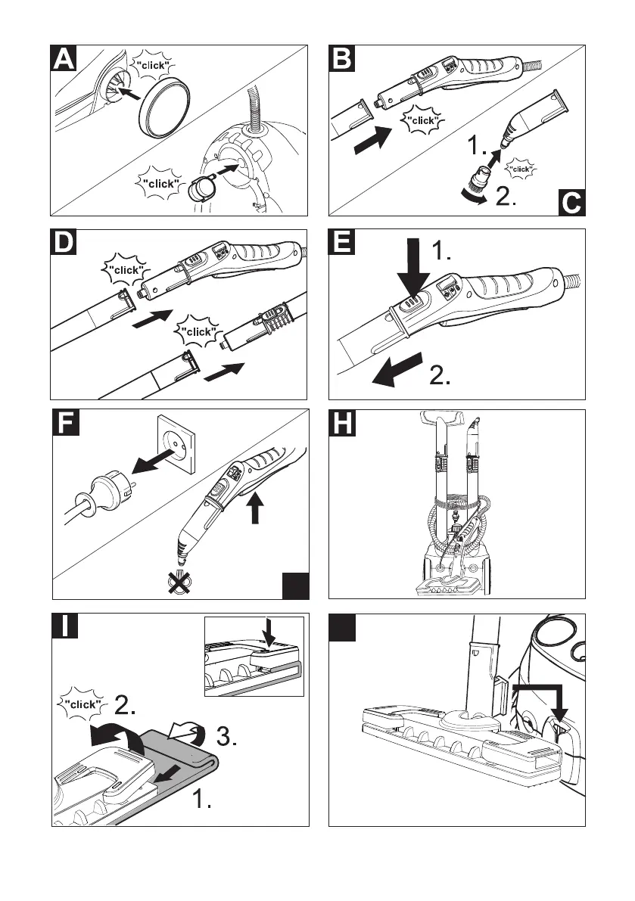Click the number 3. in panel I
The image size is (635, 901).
click(224, 738)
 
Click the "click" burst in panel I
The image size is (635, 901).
click(80, 704)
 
